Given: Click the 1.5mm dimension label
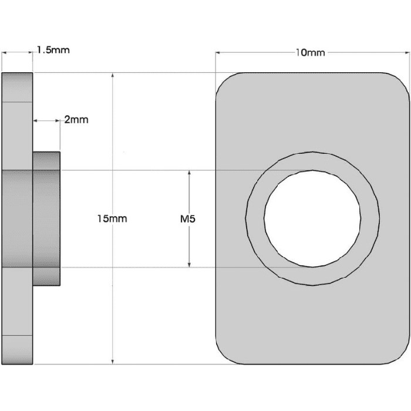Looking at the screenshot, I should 53,50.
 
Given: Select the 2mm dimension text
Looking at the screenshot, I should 76,120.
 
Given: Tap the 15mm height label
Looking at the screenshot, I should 112,218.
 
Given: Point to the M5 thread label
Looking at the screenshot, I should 188,219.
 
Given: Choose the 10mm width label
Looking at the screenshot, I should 310,53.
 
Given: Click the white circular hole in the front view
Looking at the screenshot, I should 312,218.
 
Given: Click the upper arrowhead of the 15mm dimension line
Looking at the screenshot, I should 112,77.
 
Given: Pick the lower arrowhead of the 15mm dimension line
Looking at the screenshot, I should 112,360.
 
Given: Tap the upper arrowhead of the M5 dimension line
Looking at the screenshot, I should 189,174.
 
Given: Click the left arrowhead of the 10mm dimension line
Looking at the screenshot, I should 220,53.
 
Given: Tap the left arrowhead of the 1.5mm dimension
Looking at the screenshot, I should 5,52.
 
